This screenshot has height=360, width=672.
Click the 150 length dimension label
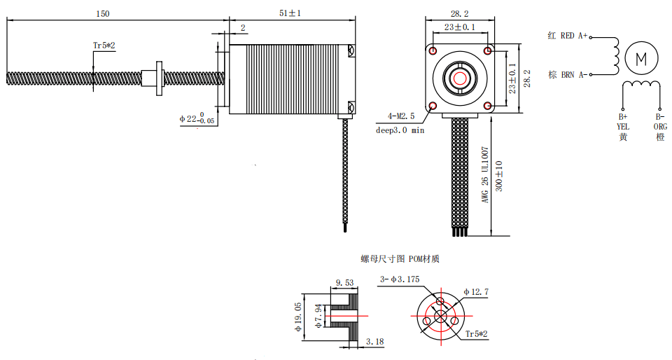pyautogui.click(x=102, y=13)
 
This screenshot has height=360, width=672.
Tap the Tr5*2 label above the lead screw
pyautogui.click(x=104, y=46)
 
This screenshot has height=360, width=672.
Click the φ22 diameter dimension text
pyautogui.click(x=197, y=118)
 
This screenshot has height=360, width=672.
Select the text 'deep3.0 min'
pyautogui.click(x=400, y=130)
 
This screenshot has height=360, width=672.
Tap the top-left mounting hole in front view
pyautogui.click(x=433, y=52)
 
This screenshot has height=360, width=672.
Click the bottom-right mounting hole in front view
pyautogui.click(x=487, y=106)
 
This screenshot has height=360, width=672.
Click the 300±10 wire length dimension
pyautogui.click(x=498, y=176)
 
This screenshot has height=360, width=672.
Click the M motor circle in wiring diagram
pyautogui.click(x=641, y=59)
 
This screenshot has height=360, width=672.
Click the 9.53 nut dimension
pyautogui.click(x=344, y=283)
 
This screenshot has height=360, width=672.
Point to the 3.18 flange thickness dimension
pyautogui.click(x=374, y=342)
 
